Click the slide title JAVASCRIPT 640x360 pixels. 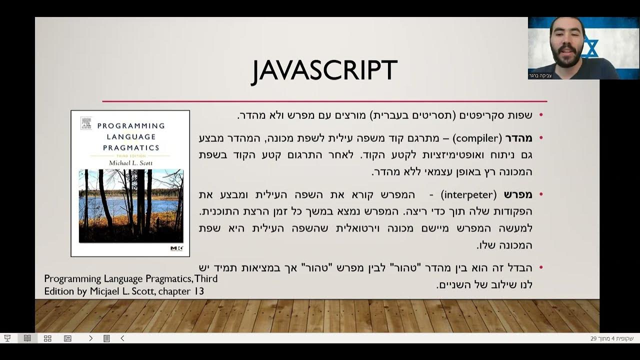click(324, 70)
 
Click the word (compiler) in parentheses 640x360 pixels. click(478, 137)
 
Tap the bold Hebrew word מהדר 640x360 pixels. click(518, 137)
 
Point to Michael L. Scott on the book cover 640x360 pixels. click(130, 162)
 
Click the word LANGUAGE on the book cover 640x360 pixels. click(130, 136)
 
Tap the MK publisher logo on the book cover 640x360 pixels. click(176, 248)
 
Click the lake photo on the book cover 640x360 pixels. click(130, 205)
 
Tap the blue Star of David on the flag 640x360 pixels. click(590, 47)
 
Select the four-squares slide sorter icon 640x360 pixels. click(47, 338)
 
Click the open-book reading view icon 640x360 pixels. click(27, 338)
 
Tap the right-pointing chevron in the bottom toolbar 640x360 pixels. click(90, 338)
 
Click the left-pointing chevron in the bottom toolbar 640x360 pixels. click(122, 338)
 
